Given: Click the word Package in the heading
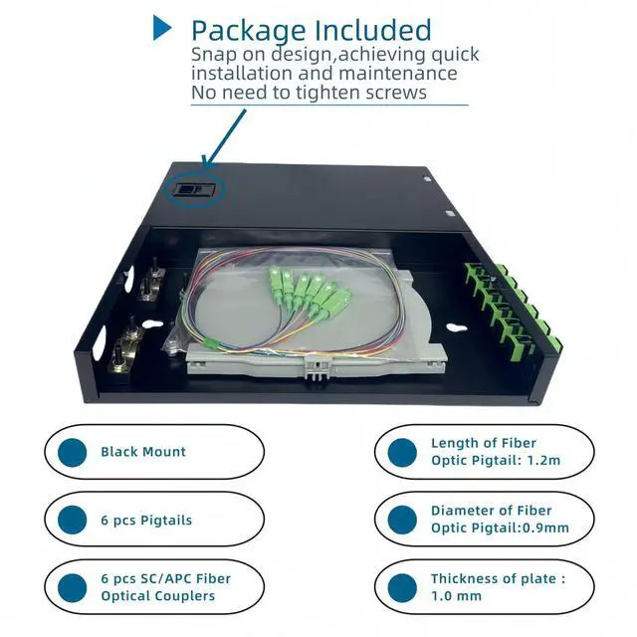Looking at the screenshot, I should point(250,30).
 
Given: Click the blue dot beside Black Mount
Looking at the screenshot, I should point(71,452).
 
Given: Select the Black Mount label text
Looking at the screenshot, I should point(143,452).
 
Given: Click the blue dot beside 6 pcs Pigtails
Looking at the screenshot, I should point(71,520).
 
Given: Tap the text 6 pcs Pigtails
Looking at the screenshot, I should point(146,520).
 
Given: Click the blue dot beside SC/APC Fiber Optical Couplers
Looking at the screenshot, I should point(71,587).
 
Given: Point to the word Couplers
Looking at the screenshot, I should point(186,596).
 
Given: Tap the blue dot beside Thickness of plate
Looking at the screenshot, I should point(401,587).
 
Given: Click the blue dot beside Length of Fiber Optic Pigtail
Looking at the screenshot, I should point(401,452).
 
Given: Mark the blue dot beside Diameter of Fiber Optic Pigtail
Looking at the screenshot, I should point(401,520).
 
